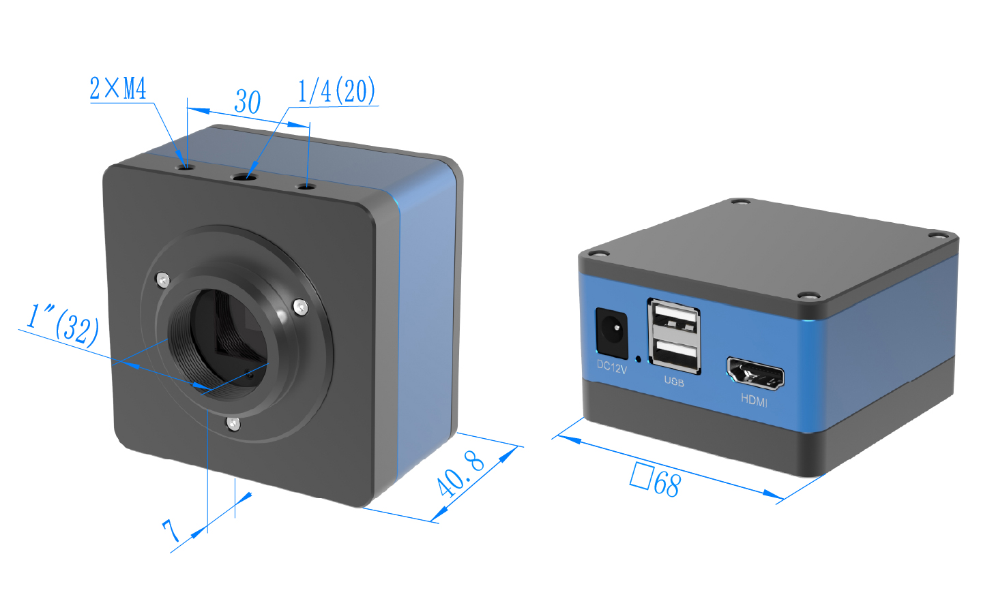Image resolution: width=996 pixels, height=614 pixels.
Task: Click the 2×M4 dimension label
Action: tap(118, 88)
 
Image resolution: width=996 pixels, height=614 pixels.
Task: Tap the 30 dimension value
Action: tap(247, 102)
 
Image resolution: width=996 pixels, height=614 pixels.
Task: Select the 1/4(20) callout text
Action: tap(336, 91)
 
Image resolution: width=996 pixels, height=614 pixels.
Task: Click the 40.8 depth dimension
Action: tap(460, 473)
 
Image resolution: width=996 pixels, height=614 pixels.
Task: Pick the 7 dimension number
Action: tap(171, 529)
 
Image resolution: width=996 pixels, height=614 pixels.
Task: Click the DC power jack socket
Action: tap(611, 333)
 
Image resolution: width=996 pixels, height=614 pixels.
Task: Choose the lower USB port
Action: tap(675, 353)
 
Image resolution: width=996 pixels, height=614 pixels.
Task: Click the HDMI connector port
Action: tap(755, 374)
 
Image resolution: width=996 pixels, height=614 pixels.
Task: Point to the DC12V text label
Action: tap(611, 367)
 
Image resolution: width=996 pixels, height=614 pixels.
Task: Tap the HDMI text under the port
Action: tap(754, 401)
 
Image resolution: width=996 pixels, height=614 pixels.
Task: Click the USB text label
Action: tap(674, 382)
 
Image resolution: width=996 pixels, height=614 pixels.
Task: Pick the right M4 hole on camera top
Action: tap(305, 185)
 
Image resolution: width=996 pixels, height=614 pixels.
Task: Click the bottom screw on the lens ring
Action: tap(233, 424)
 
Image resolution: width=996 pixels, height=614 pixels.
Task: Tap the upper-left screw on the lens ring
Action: tap(162, 279)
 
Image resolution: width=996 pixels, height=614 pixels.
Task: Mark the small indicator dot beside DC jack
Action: tap(638, 358)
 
